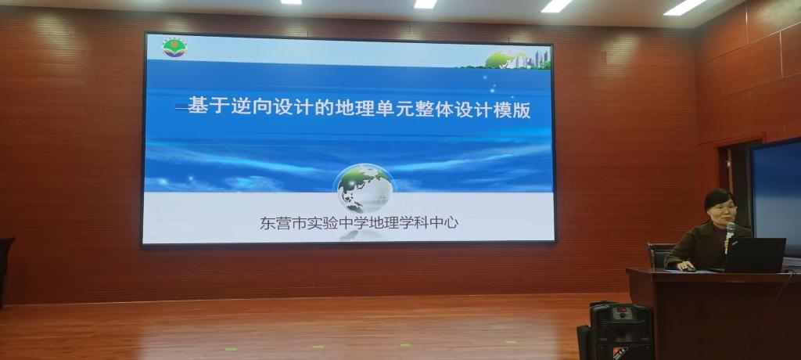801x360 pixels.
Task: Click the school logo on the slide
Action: (x=174, y=48)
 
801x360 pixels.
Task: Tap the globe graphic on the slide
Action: (x=365, y=189)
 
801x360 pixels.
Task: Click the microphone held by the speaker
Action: (x=730, y=235)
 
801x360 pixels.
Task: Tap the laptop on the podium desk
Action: (x=755, y=254)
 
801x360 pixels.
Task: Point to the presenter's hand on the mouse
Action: (x=685, y=266)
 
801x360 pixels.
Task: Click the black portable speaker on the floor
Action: (x=620, y=332)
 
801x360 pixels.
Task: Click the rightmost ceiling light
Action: (x=685, y=6)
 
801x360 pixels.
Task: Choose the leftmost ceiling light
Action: (x=291, y=2)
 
